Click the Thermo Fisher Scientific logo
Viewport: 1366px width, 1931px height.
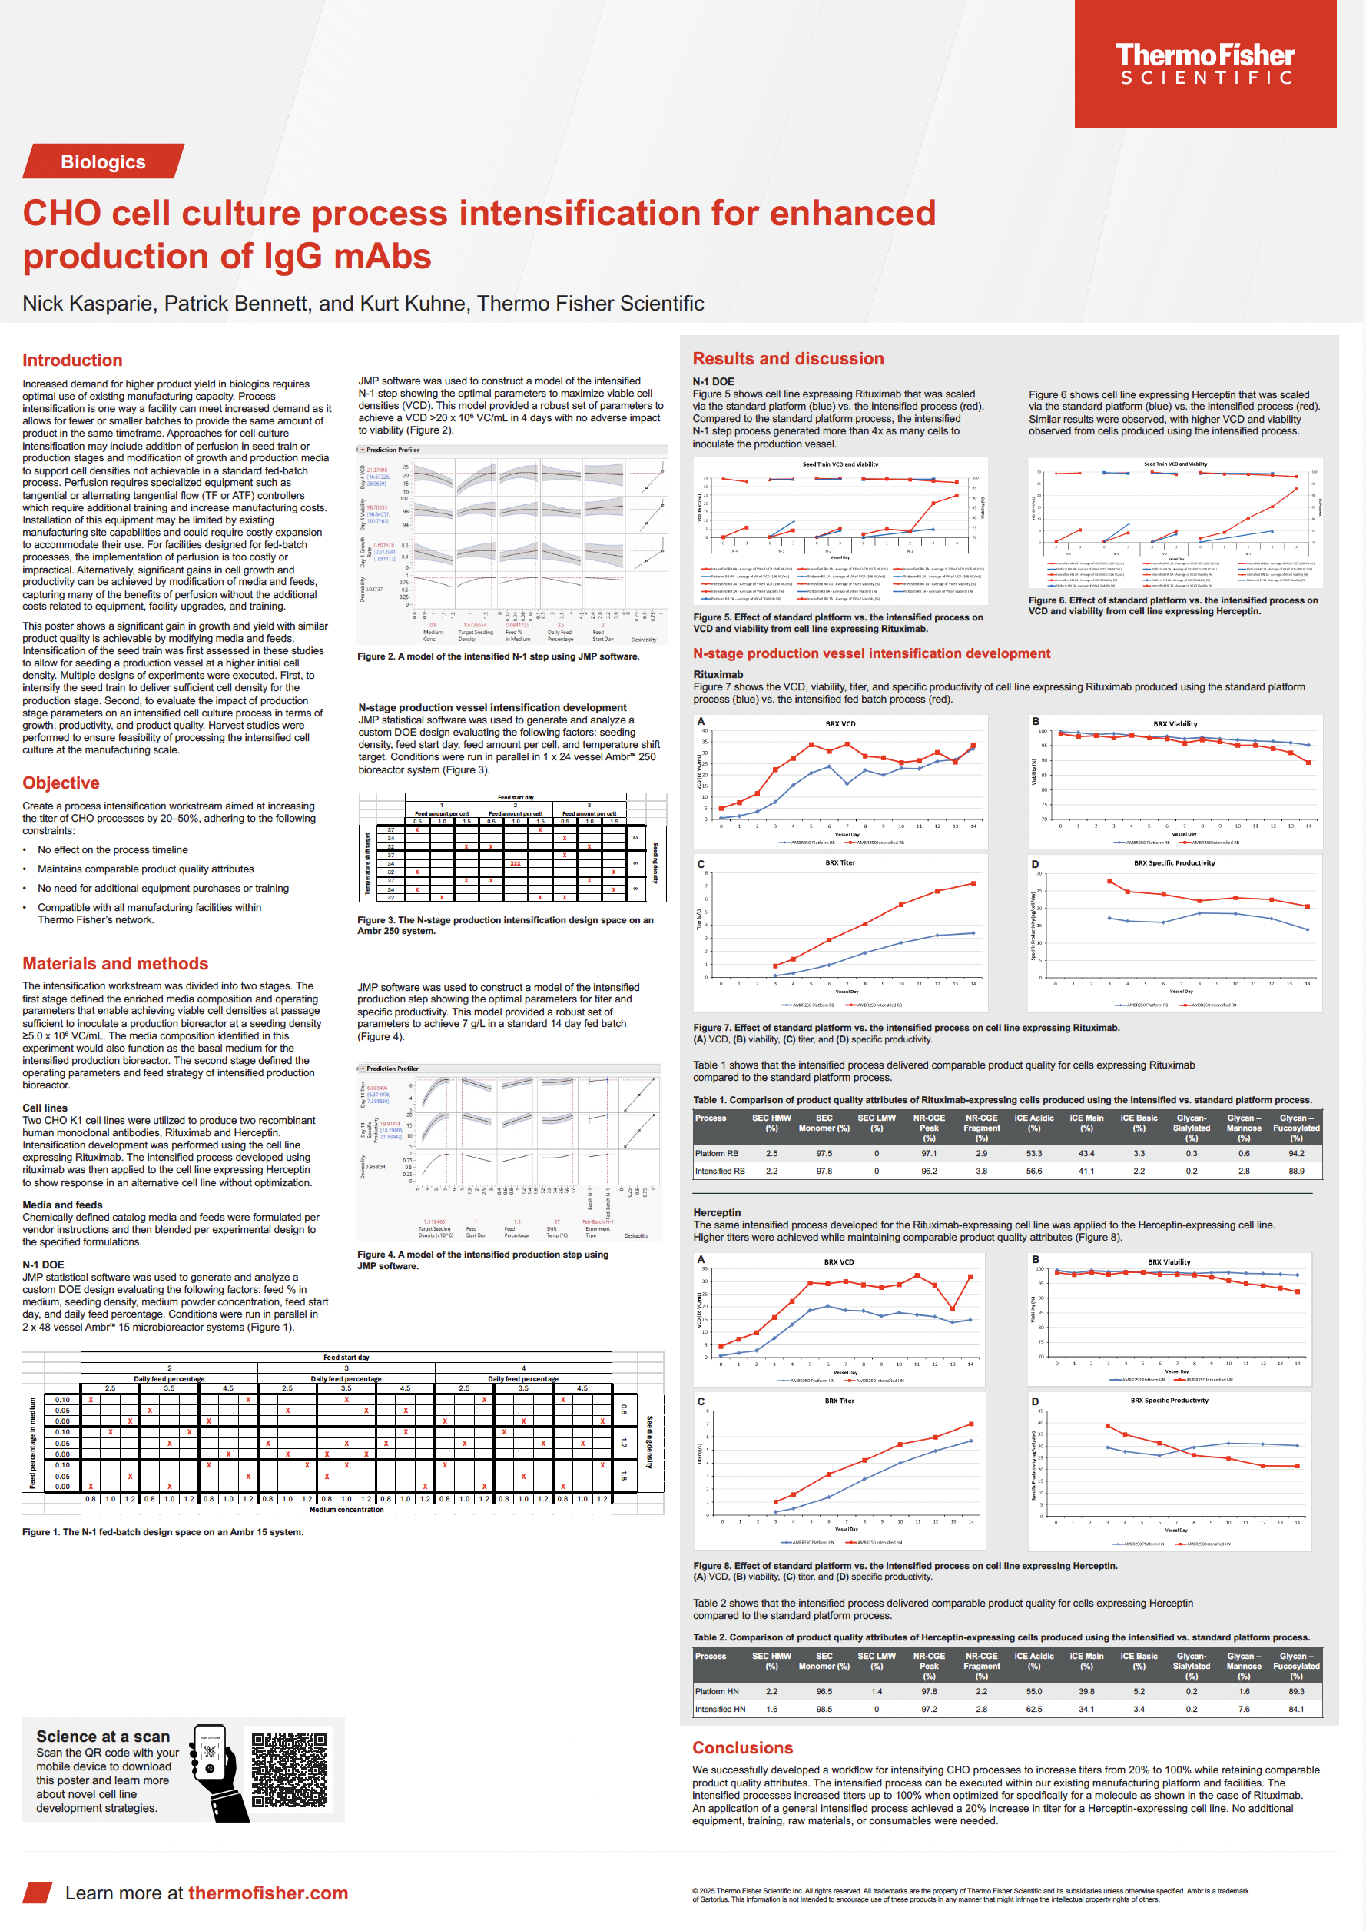click(1205, 64)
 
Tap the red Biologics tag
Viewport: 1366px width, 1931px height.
click(103, 161)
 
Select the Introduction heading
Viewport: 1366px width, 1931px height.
click(72, 360)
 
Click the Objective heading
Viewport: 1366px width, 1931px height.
click(61, 783)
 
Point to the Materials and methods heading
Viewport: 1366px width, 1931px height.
click(115, 963)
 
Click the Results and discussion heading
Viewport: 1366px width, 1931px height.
click(787, 358)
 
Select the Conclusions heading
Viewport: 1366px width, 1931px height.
click(742, 1747)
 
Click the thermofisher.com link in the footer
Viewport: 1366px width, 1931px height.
click(267, 1893)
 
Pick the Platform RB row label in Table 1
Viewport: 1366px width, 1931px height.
click(717, 1154)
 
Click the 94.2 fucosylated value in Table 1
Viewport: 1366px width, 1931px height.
click(1296, 1154)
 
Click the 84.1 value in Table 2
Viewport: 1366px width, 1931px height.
click(1296, 1709)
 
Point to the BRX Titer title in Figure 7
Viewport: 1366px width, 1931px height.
click(840, 862)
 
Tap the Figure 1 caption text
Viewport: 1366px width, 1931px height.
click(162, 1532)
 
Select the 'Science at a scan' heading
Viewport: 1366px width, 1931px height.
click(103, 1737)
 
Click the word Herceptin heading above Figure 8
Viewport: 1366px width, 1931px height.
click(717, 1212)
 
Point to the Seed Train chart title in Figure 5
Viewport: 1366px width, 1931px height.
click(840, 464)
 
